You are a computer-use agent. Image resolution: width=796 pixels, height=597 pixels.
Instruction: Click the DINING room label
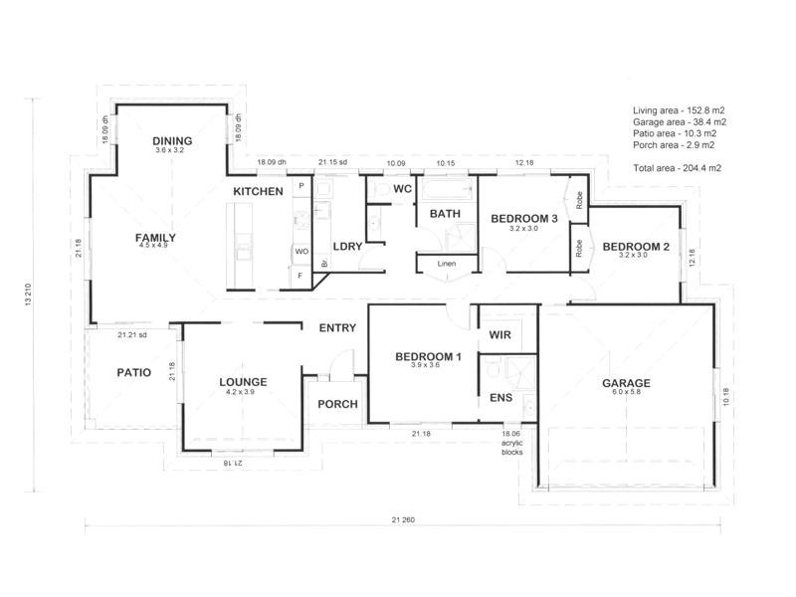click(172, 140)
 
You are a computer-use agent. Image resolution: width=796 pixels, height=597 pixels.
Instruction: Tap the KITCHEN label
click(258, 191)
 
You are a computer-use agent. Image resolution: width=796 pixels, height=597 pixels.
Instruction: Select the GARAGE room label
click(626, 383)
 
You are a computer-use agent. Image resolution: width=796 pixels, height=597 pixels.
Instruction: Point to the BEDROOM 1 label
click(429, 357)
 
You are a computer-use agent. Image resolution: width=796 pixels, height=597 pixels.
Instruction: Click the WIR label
click(500, 335)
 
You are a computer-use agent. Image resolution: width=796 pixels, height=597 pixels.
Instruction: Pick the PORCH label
click(337, 404)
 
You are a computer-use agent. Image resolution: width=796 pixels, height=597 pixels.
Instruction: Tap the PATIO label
click(134, 372)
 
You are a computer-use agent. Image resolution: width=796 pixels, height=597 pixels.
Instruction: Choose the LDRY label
click(347, 247)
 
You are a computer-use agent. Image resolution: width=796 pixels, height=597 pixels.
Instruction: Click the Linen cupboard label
click(447, 264)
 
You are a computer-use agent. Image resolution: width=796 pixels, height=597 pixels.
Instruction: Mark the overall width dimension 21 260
click(403, 519)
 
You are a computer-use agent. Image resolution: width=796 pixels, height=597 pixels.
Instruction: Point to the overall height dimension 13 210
click(28, 295)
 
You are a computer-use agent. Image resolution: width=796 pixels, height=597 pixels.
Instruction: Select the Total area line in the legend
click(678, 168)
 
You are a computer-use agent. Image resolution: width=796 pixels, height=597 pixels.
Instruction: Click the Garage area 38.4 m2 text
click(680, 121)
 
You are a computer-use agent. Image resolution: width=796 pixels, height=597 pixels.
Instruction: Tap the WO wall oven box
click(301, 252)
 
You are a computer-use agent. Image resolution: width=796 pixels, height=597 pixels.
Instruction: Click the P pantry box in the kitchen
click(301, 186)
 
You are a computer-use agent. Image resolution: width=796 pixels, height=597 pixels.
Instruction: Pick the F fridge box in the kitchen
click(300, 276)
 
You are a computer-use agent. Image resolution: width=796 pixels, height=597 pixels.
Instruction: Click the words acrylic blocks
click(511, 447)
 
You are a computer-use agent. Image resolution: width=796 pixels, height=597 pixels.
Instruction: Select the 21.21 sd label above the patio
click(132, 335)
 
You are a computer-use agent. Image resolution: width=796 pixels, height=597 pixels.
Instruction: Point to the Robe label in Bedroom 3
click(579, 200)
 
